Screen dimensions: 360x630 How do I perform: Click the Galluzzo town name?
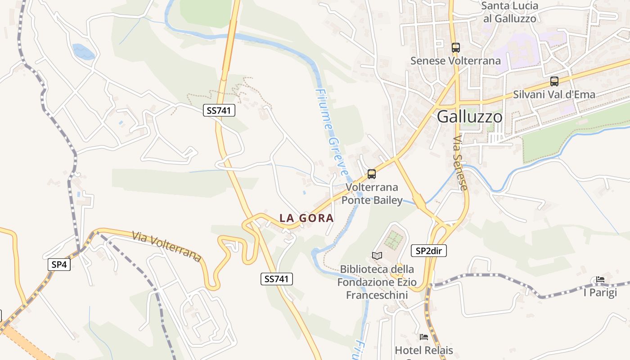tap(469, 117)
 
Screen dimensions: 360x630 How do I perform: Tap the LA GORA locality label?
tap(306, 218)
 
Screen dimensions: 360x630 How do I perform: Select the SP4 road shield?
tap(59, 265)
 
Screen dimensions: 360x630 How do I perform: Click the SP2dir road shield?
tap(429, 251)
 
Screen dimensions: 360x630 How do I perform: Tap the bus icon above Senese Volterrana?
tap(455, 47)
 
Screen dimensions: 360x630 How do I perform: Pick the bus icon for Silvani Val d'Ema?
tap(554, 81)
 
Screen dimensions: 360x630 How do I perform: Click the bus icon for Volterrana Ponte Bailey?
tap(372, 174)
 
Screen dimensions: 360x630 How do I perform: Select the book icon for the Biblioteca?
tap(377, 256)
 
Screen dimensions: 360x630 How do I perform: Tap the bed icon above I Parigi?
tap(600, 279)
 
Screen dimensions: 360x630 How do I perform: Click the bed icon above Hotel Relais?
tap(423, 337)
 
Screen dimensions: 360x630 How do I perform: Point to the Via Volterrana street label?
tap(166, 246)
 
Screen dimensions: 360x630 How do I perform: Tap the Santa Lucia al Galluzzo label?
tap(510, 12)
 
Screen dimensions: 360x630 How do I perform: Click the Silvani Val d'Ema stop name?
tap(554, 94)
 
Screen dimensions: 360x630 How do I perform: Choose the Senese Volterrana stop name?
tap(455, 61)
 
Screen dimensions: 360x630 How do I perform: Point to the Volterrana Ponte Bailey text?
tap(372, 193)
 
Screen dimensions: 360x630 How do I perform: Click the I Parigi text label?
tap(600, 292)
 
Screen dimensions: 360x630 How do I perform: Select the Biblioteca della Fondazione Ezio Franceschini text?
tap(377, 282)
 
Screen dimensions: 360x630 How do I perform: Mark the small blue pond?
tap(84, 52)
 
